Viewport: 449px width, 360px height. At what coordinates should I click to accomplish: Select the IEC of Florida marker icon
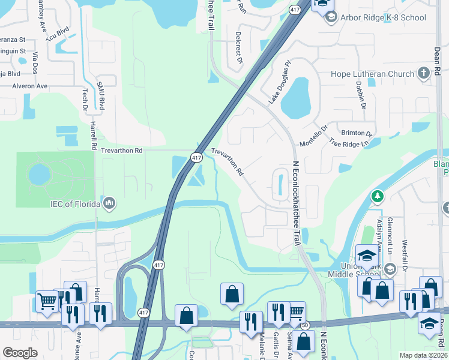(x=109, y=204)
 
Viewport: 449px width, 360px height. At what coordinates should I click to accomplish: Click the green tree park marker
(x=378, y=196)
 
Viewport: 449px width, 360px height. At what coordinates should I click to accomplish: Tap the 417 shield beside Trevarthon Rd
(x=196, y=157)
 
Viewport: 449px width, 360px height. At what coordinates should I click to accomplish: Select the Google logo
(x=20, y=352)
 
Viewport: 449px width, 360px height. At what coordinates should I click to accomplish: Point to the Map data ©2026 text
(x=424, y=355)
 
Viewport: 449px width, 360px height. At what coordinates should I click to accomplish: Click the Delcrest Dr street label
(x=238, y=48)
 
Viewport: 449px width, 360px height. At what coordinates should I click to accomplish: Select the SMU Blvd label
(x=101, y=96)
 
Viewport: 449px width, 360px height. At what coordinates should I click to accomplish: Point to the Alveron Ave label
(x=29, y=86)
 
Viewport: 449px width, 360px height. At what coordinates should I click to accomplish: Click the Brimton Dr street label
(x=357, y=133)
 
